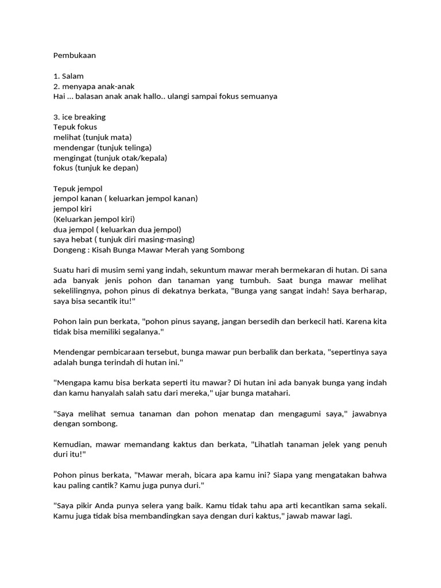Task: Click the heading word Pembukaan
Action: (75, 56)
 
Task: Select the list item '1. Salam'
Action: (68, 76)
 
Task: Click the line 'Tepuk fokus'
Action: (75, 127)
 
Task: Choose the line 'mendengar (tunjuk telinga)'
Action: (102, 148)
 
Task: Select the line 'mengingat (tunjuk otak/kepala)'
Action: (110, 157)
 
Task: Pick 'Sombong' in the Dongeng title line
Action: (229, 250)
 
